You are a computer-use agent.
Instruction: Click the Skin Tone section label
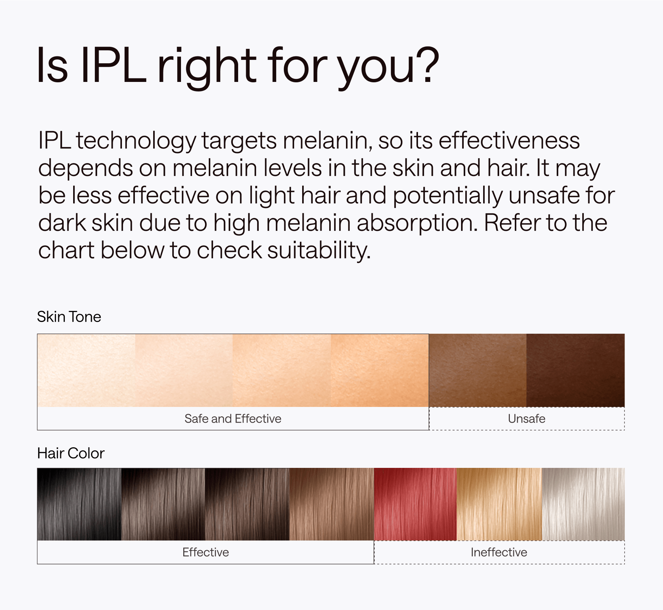coord(69,317)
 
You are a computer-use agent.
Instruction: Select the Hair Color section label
coord(70,453)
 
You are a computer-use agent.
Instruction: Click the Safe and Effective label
coord(233,418)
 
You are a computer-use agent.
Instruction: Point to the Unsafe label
coord(527,418)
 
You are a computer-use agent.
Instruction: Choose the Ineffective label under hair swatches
coord(499,552)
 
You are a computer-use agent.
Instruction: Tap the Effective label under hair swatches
coord(206,552)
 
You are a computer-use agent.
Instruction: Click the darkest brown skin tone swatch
coord(575,370)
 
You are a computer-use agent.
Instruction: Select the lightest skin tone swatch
coord(86,370)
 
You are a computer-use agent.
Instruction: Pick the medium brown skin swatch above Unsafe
coord(478,370)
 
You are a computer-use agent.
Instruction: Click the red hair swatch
coord(415,504)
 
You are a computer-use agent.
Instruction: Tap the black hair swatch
coord(79,504)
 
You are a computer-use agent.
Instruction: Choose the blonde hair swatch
coord(499,504)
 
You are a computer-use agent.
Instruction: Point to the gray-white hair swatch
coord(583,504)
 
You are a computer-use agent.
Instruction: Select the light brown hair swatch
coord(331,504)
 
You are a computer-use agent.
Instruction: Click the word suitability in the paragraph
coord(319,251)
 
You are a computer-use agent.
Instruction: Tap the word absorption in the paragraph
coord(417,224)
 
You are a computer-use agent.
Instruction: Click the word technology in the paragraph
coord(136,141)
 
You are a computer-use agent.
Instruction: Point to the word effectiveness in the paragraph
coord(509,141)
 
